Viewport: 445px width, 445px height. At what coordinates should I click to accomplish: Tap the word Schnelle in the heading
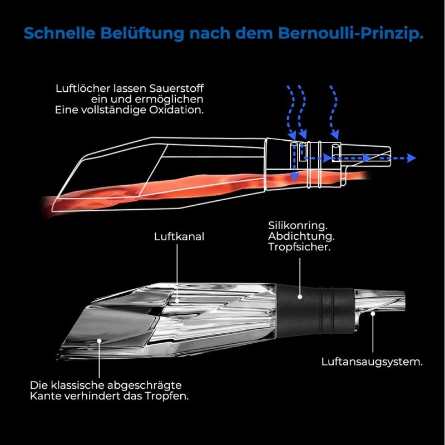tap(60, 33)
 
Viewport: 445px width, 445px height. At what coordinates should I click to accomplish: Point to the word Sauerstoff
tap(176, 88)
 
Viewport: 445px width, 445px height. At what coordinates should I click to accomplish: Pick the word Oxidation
tap(176, 110)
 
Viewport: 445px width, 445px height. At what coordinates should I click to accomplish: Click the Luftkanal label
tap(179, 237)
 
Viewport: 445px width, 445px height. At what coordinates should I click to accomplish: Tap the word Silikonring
tap(298, 226)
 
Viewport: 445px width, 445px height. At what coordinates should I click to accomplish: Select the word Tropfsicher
tap(299, 247)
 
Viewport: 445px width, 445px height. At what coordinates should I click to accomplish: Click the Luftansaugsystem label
tap(372, 362)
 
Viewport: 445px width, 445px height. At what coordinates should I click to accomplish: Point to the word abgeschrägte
tap(144, 385)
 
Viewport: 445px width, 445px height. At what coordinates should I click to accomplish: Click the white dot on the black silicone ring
tap(300, 297)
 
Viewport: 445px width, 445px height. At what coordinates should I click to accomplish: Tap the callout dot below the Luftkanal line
tap(177, 300)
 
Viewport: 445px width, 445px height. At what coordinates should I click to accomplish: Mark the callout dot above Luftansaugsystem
tap(373, 314)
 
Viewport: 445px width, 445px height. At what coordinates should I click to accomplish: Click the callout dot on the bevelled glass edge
tap(100, 340)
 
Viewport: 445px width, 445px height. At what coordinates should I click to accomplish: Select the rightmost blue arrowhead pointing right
tap(411, 158)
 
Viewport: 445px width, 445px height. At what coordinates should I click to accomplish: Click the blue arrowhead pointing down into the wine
tap(295, 177)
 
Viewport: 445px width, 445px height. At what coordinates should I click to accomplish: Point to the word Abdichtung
tap(301, 236)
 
